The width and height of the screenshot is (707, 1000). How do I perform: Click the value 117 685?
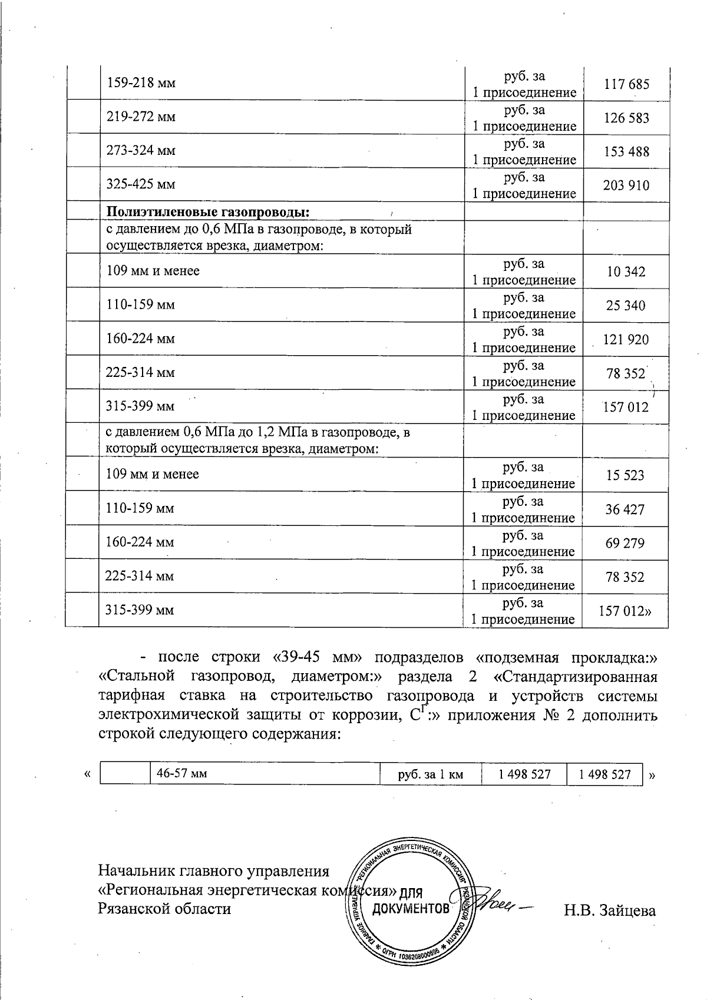[626, 84]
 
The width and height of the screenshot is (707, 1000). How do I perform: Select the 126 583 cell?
[626, 118]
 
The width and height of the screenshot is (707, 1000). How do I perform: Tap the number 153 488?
[626, 151]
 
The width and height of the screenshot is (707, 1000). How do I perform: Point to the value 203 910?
[626, 186]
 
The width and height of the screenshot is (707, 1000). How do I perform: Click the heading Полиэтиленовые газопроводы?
[208, 211]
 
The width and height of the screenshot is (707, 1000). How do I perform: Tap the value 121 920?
[626, 339]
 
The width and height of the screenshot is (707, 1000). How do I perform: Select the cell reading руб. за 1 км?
[431, 774]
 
